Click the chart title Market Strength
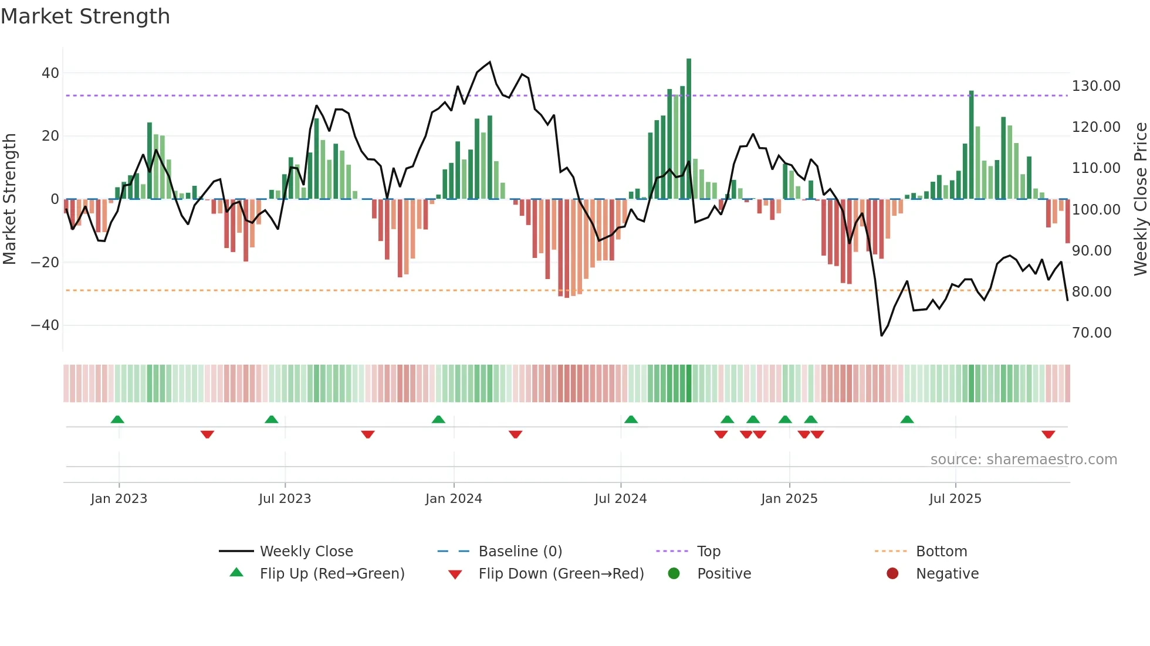click(x=85, y=16)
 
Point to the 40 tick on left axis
click(x=50, y=73)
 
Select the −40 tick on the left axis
click(x=45, y=325)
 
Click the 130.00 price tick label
click(x=1095, y=86)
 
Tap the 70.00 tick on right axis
click(x=1091, y=333)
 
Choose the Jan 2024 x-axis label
click(x=454, y=499)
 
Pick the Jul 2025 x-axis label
click(x=955, y=499)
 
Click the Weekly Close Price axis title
click(x=1140, y=199)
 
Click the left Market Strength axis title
click(x=9, y=199)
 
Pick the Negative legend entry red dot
click(x=892, y=574)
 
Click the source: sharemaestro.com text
click(x=1023, y=460)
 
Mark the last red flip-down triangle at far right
click(x=1048, y=434)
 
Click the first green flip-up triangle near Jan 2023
click(x=117, y=419)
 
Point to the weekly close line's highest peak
click(x=490, y=62)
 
